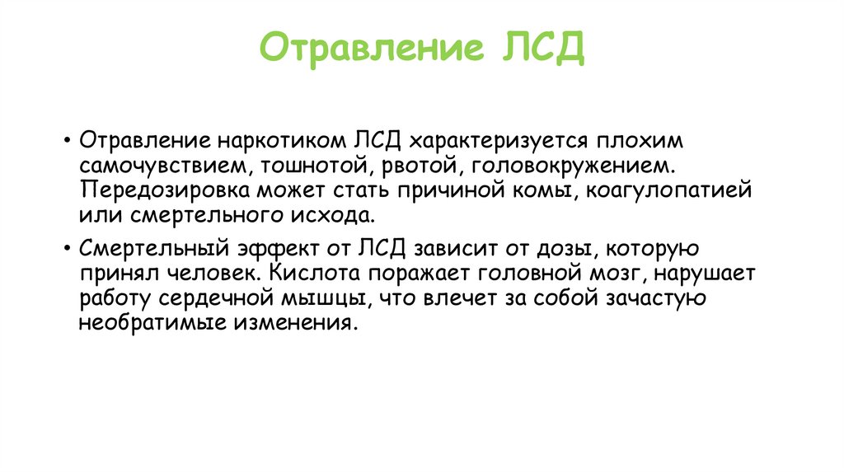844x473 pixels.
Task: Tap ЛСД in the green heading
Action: [x=542, y=48]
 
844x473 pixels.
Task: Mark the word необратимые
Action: [x=160, y=322]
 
